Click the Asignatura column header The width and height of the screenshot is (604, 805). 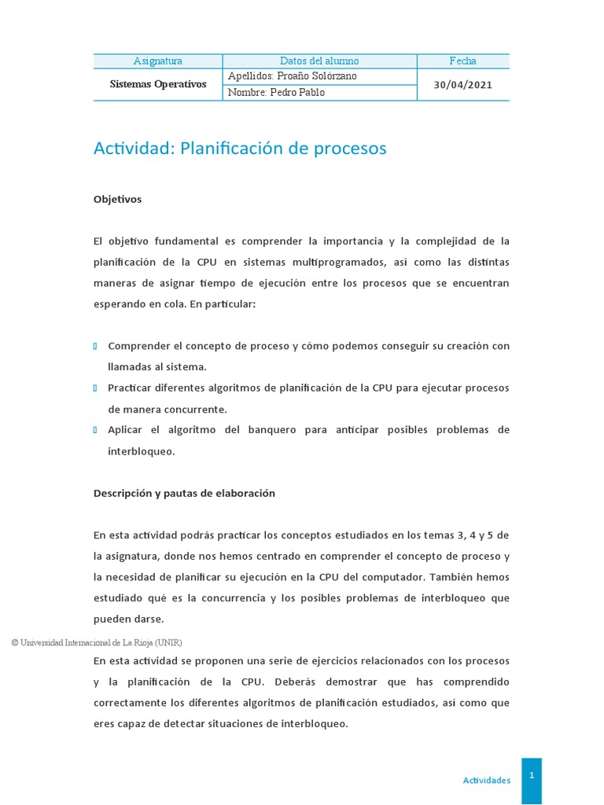[x=157, y=61]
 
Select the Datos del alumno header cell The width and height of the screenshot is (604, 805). [x=319, y=61]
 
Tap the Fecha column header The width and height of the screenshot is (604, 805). [x=462, y=61]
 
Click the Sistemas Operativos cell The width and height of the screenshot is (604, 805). [x=157, y=84]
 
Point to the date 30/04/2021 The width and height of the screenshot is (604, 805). [x=462, y=85]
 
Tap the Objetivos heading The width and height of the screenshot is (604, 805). [x=117, y=200]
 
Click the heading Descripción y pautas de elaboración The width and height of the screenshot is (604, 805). [x=184, y=493]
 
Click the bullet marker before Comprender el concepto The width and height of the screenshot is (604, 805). [x=95, y=346]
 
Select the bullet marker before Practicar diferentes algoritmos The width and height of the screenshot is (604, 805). [x=95, y=388]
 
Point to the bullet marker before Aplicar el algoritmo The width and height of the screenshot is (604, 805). [x=95, y=430]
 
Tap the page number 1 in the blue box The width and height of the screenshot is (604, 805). [x=532, y=775]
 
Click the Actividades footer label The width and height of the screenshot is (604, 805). [x=486, y=781]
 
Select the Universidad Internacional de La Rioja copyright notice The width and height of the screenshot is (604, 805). [x=96, y=642]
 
